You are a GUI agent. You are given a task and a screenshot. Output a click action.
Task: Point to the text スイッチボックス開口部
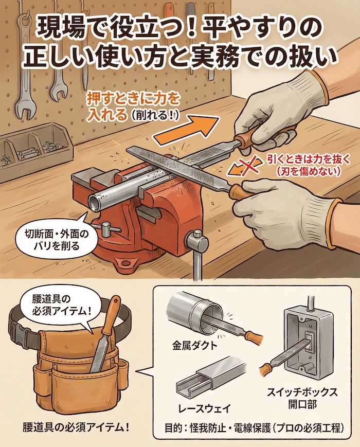[302, 399]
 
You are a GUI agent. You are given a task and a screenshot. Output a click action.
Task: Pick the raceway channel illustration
[206, 378]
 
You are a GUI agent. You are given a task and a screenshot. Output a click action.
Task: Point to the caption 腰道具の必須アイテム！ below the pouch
[75, 427]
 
